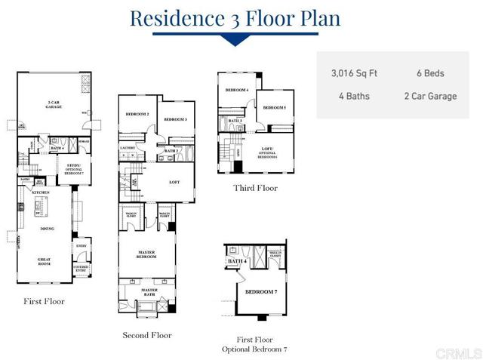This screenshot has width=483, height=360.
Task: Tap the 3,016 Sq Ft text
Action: (354, 74)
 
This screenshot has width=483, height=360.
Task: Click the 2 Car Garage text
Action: (429, 97)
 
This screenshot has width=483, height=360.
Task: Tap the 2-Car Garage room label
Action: (54, 105)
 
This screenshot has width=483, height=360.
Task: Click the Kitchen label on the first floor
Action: (40, 192)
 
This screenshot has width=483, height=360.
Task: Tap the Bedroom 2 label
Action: (137, 114)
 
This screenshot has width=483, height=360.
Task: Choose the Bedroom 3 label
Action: (175, 119)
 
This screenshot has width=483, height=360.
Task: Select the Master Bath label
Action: (149, 291)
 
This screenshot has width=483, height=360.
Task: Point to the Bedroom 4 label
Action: (237, 91)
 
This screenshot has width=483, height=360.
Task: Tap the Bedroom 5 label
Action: (274, 108)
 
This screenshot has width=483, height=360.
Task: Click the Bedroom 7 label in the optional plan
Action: (260, 291)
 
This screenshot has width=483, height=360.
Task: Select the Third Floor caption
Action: (256, 189)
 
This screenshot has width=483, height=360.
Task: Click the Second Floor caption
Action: (147, 335)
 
